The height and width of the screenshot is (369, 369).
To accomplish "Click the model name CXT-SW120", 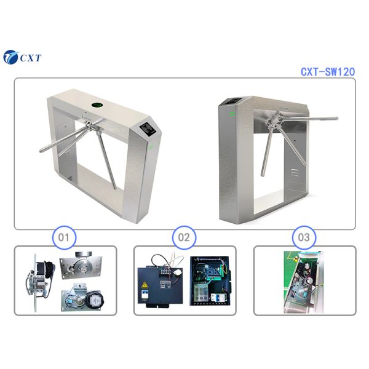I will [x=327, y=71].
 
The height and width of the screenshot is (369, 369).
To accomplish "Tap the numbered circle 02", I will [x=184, y=236].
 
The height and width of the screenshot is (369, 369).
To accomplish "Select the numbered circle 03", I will [x=306, y=236].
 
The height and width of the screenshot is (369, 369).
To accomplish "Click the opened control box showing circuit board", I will [x=210, y=280].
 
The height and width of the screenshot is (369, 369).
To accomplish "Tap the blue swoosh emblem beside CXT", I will [x=11, y=58].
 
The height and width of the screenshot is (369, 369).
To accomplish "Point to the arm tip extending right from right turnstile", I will [x=335, y=118].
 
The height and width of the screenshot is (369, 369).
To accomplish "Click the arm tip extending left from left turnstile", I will [x=40, y=151].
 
